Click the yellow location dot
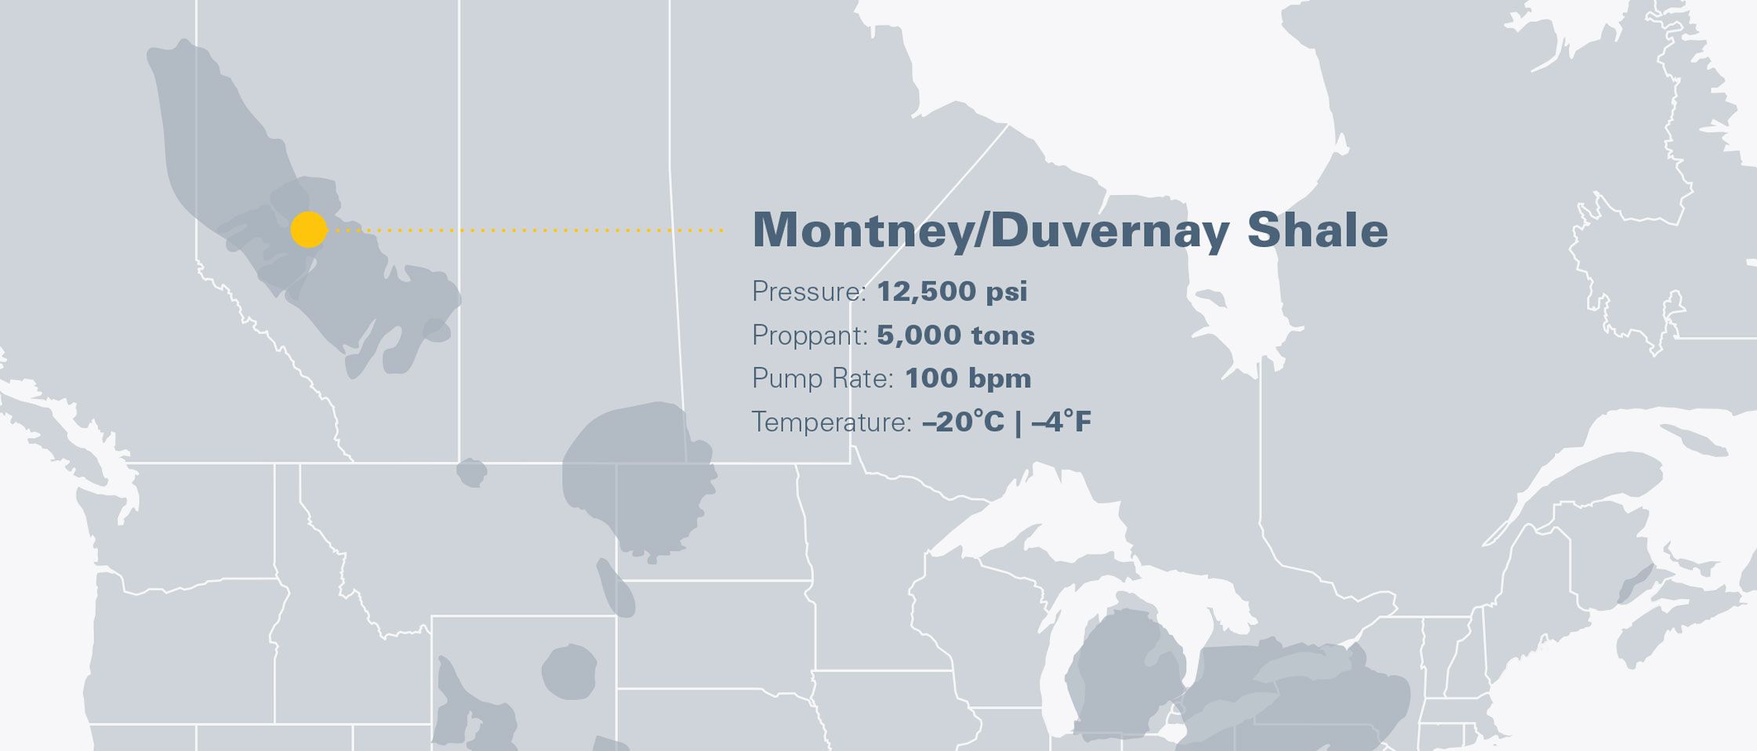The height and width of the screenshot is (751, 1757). point(308,230)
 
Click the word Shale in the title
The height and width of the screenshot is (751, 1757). point(1317,230)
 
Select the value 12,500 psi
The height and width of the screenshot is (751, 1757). point(952,292)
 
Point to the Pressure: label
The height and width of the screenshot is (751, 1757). point(808,292)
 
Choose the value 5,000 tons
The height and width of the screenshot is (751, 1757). point(956,336)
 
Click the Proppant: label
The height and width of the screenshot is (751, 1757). point(809,336)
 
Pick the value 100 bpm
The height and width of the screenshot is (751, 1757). point(967,379)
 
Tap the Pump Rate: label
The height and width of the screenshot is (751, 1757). point(822,379)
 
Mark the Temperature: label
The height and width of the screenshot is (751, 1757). point(831,423)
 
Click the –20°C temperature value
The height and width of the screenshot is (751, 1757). point(963,423)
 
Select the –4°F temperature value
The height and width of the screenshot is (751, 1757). point(1062,423)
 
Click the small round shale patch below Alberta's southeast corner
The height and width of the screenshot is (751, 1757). point(471,473)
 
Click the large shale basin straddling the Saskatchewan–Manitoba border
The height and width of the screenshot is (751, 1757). point(639,478)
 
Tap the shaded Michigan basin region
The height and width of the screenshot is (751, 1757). point(1121,666)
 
